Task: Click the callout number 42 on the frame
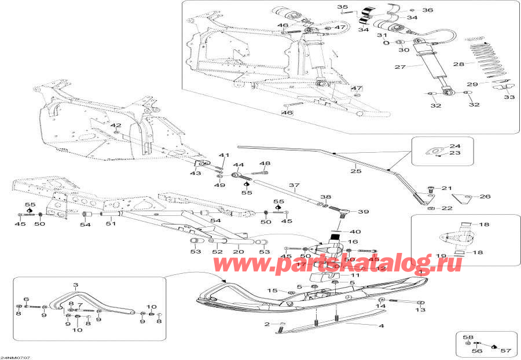[x=116, y=125]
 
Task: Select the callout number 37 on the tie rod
[x=293, y=186]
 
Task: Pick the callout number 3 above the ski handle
[x=75, y=285]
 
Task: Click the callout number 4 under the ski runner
[x=381, y=326]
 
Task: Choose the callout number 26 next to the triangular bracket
[x=485, y=197]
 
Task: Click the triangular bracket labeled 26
[x=464, y=200]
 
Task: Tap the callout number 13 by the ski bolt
[x=420, y=310]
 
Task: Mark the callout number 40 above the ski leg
[x=355, y=232]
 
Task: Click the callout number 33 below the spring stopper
[x=509, y=97]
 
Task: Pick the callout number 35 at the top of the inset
[x=341, y=6]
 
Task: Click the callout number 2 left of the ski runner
[x=267, y=324]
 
